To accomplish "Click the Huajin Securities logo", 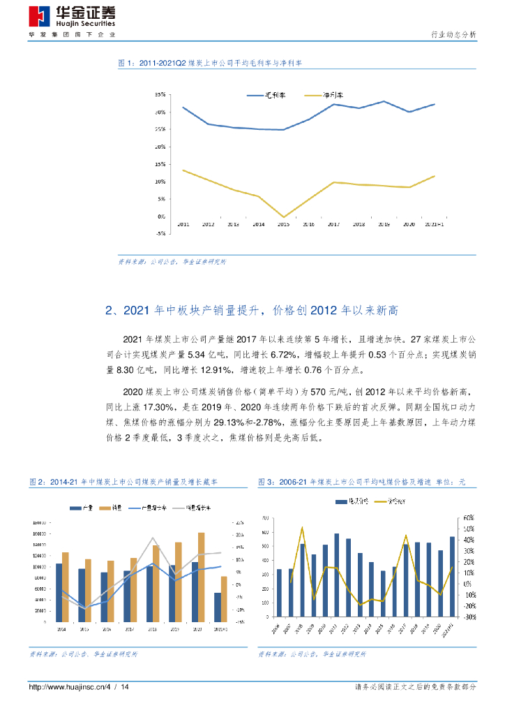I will click(72, 15).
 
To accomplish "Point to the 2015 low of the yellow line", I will click(283, 216).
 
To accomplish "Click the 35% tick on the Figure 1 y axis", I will click(160, 94).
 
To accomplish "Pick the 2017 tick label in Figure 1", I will click(333, 225).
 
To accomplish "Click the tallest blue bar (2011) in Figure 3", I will click(336, 575).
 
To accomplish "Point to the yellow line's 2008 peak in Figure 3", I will click(302, 528).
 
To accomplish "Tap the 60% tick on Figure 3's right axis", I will click(469, 518).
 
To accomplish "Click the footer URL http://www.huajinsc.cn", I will click(66, 688).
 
